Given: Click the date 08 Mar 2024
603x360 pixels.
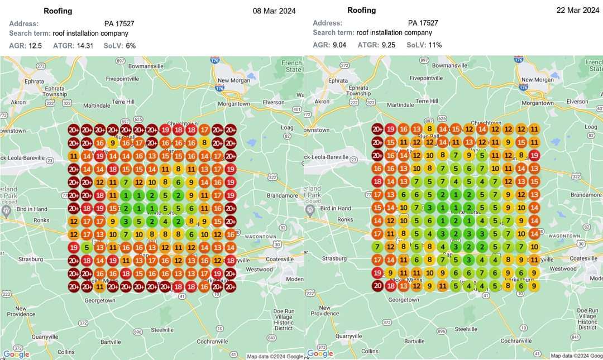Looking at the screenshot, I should pyautogui.click(x=274, y=11).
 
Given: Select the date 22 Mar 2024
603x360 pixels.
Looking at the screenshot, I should pyautogui.click(x=577, y=11).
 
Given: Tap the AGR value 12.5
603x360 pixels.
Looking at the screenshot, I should pyautogui.click(x=35, y=46).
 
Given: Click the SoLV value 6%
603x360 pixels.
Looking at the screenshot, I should pyautogui.click(x=131, y=46).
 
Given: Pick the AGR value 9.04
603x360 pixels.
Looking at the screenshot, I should pyautogui.click(x=339, y=45).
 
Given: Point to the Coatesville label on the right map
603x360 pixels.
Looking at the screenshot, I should pyautogui.click(x=583, y=258).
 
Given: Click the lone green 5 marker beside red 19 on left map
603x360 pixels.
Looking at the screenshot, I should pyautogui.click(x=87, y=247).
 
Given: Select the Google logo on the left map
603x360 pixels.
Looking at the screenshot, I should pyautogui.click(x=16, y=354).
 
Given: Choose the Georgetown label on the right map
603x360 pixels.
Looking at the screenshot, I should pyautogui.click(x=404, y=300).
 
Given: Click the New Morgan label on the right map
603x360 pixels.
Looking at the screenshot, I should pyautogui.click(x=537, y=80).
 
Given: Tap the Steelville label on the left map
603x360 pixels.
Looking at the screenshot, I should pyautogui.click(x=162, y=330).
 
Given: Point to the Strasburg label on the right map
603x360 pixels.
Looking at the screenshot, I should pyautogui.click(x=334, y=259).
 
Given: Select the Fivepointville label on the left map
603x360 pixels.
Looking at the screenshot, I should pyautogui.click(x=122, y=79).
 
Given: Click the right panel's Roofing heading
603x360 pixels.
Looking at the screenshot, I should pyautogui.click(x=361, y=10).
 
